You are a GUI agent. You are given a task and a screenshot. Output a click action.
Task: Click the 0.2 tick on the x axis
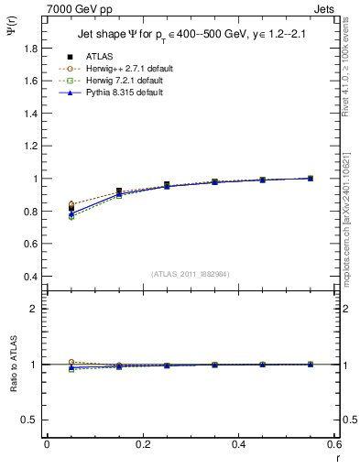coord(143,444)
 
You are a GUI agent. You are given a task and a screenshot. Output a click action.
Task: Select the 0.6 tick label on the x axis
coord(334,444)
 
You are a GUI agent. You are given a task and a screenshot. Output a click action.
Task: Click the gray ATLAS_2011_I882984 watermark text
coord(190,275)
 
